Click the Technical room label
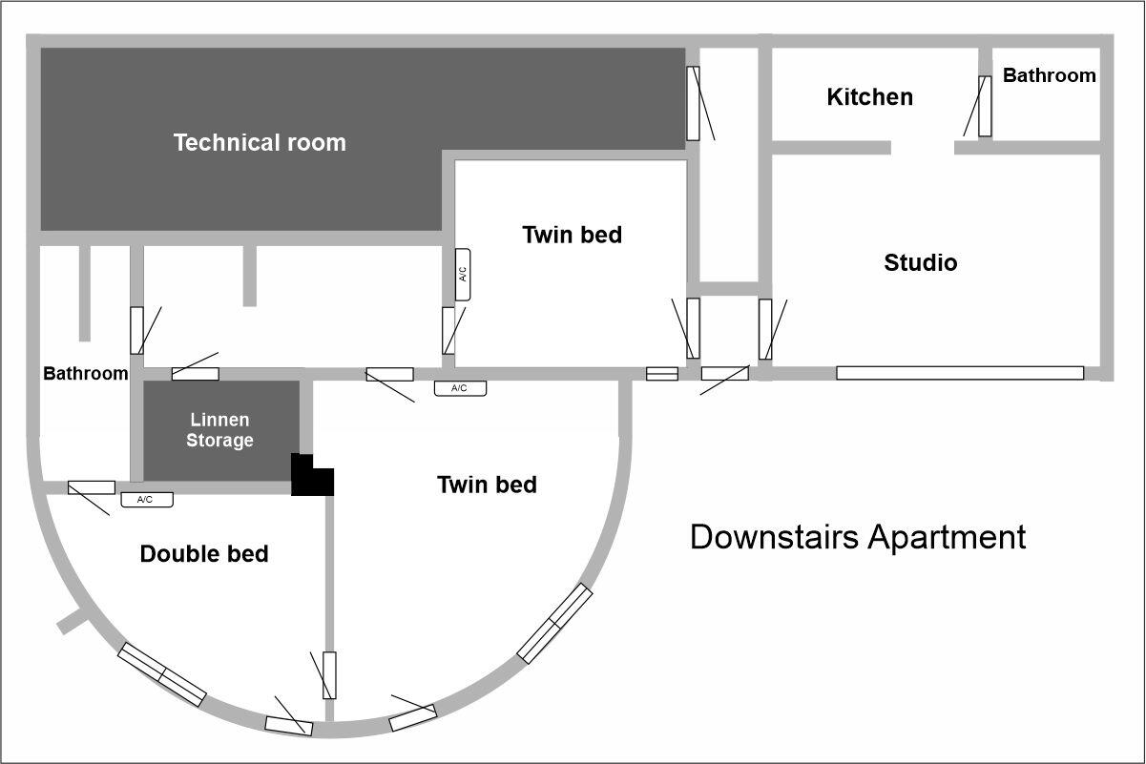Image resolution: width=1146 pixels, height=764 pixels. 260,143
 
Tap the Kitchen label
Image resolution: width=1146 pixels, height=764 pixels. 869,96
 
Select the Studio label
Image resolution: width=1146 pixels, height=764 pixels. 921,262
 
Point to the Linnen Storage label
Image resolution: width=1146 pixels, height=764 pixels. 220,430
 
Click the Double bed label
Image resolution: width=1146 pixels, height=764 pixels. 204,554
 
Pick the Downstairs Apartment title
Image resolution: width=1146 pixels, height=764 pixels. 858,537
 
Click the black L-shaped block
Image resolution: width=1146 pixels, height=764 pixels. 312,475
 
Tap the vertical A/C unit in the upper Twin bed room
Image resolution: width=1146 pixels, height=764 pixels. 463,275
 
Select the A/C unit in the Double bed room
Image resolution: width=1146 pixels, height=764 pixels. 147,499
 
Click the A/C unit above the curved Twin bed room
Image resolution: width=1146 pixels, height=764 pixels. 461,388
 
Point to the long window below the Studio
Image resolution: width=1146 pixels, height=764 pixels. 960,373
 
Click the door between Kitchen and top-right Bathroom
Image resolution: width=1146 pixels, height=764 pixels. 985,107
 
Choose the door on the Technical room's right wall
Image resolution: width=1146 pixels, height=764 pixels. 693,103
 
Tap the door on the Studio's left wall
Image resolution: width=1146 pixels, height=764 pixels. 765,329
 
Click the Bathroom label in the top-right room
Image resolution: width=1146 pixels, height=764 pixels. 1050,75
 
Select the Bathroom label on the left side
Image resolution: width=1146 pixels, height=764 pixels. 86,373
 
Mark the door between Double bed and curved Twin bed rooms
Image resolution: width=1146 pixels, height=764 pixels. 329,675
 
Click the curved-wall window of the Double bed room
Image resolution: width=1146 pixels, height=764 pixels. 161,674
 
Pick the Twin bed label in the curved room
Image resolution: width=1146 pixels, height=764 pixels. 487,485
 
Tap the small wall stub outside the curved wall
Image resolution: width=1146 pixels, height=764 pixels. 73,621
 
